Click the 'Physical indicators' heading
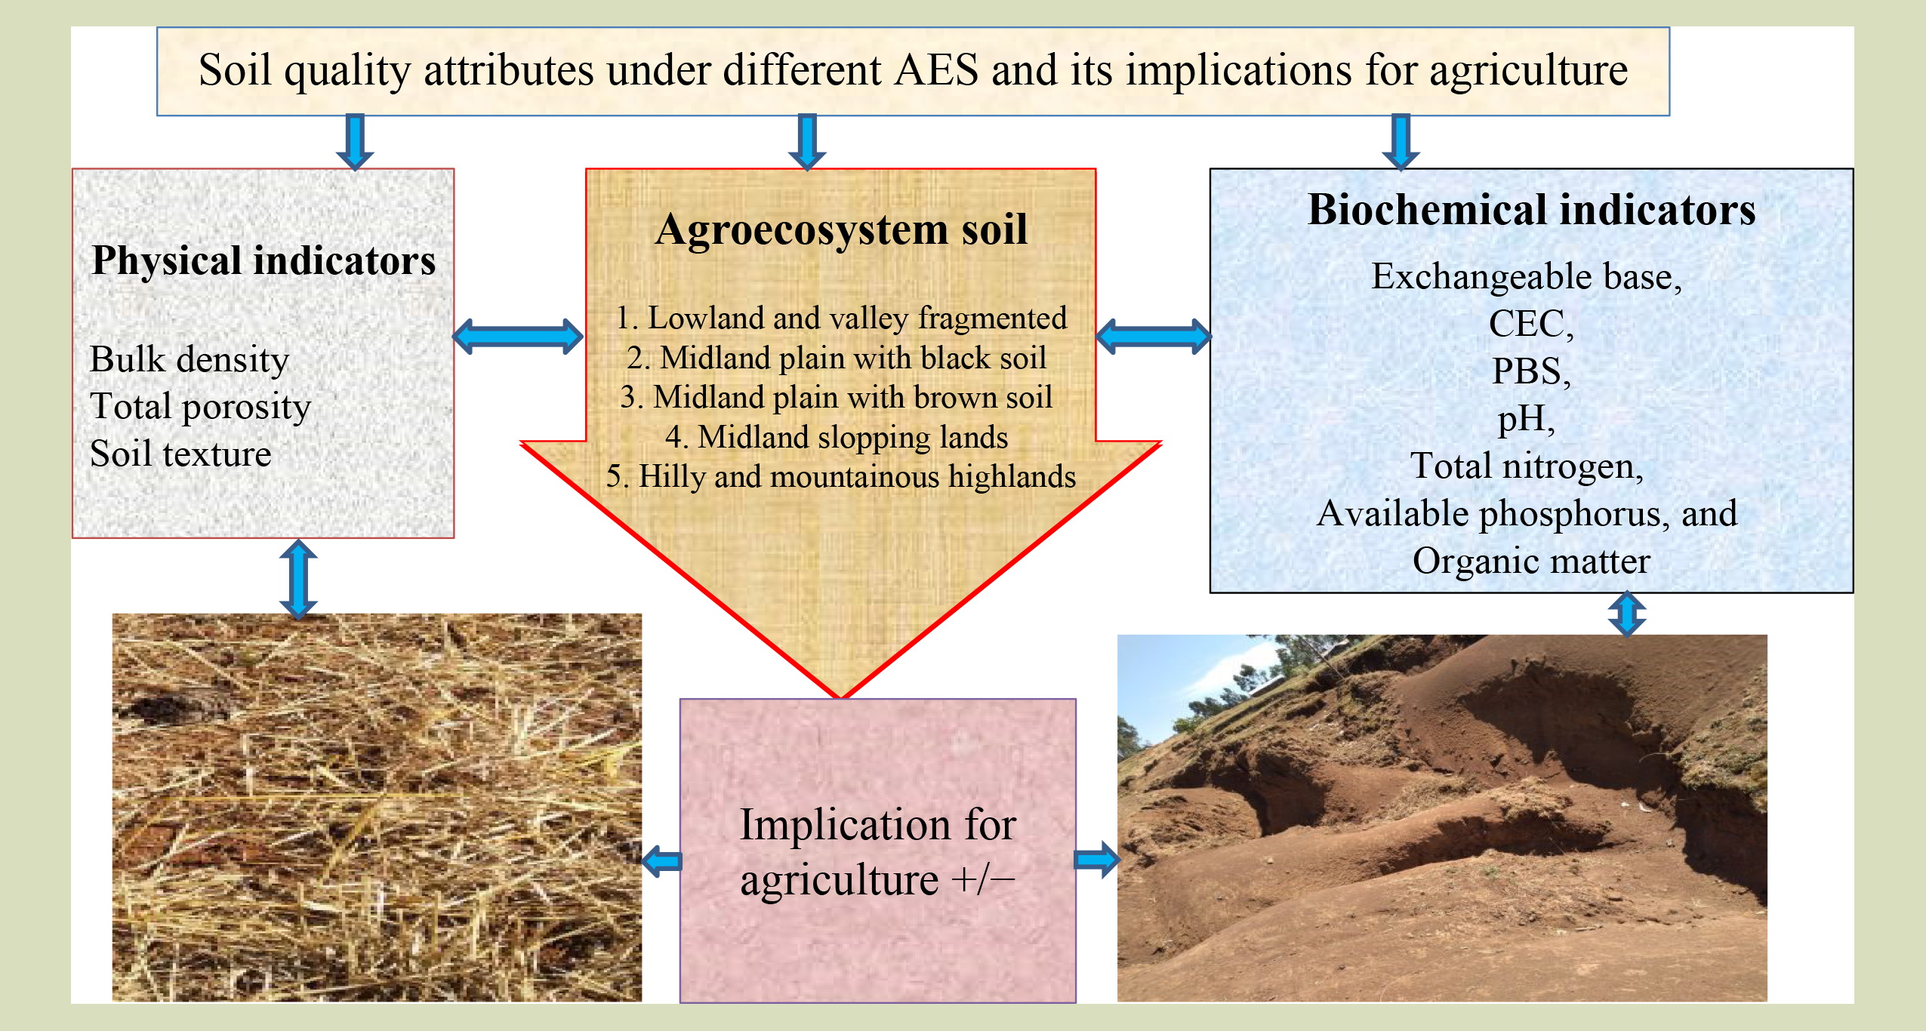point(263,261)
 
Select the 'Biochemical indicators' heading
point(1531,210)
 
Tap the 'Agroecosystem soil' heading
point(841,229)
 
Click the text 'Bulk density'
point(190,360)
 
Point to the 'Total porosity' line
point(200,408)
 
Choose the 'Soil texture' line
point(180,454)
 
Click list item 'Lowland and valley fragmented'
point(841,319)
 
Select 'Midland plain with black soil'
point(837,358)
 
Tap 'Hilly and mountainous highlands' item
point(841,477)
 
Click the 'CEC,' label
point(1531,325)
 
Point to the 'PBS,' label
point(1531,371)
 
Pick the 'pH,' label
point(1527,420)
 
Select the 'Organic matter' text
point(1531,561)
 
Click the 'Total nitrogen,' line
point(1527,466)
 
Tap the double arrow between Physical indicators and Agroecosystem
point(518,337)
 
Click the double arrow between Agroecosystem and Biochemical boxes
point(1153,337)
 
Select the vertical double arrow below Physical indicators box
point(298,578)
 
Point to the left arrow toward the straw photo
point(661,860)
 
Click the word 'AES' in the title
point(936,71)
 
